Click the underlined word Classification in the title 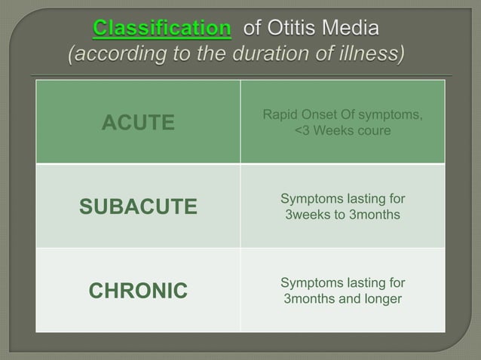click(161, 29)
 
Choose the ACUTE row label click(138, 123)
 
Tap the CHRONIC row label click(138, 291)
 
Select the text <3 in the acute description click(302, 131)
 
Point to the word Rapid click(280, 114)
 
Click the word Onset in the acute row click(319, 114)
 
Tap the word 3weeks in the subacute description click(307, 215)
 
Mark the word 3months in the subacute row click(374, 215)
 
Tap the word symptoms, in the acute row click(391, 114)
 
